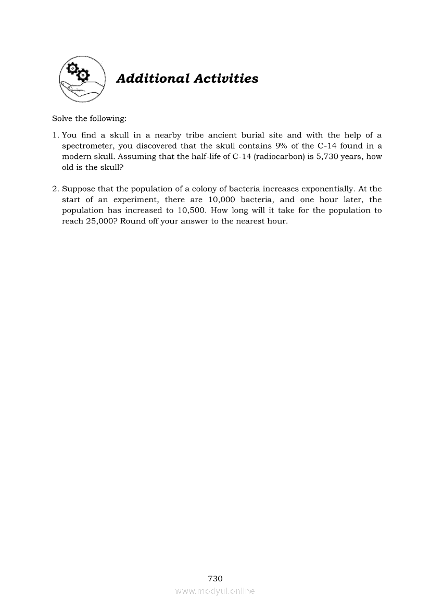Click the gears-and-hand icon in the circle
[x=81, y=78]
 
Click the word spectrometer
[x=87, y=146]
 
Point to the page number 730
[x=215, y=578]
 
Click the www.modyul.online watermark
[x=215, y=591]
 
